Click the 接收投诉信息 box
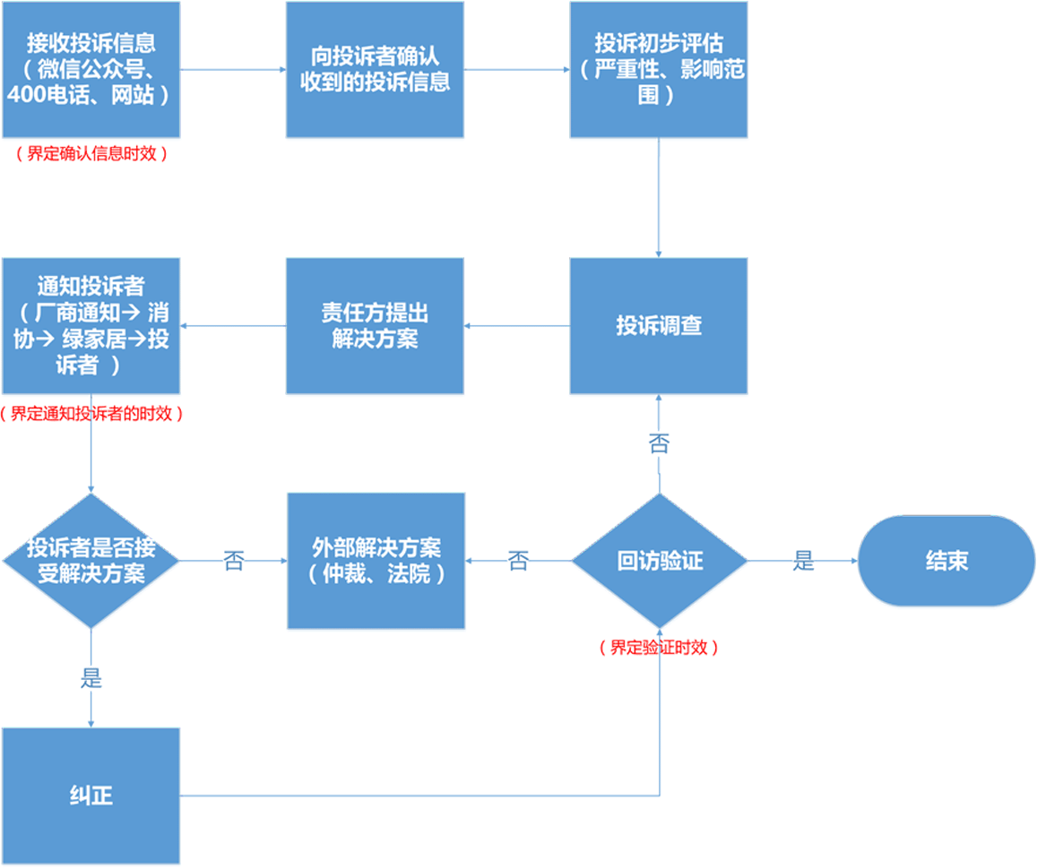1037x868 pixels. [91, 69]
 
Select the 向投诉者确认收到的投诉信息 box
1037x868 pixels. [375, 69]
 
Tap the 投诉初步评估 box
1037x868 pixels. [659, 69]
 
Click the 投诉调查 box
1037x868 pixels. [659, 325]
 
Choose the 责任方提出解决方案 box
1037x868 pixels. [375, 325]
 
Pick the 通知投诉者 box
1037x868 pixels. [91, 325]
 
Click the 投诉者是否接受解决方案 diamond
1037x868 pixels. [91, 560]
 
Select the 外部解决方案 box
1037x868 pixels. [376, 560]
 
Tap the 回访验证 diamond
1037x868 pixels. [659, 561]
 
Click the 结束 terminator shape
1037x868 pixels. [946, 561]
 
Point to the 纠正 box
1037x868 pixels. [91, 795]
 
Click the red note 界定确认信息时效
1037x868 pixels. [91, 153]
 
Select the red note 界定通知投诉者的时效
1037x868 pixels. [91, 414]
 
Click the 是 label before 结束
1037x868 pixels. [804, 562]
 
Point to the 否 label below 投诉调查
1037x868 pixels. [659, 443]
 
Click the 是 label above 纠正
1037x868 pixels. [91, 678]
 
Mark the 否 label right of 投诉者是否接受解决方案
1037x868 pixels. [233, 562]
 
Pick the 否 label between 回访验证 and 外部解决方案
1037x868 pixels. [518, 562]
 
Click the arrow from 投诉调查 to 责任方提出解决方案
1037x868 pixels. [517, 325]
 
